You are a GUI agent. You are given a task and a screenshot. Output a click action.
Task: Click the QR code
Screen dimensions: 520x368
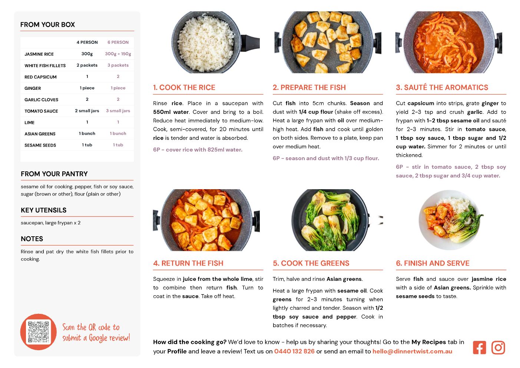click(39, 332)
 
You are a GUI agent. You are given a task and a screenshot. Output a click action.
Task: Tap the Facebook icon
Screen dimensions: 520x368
click(479, 348)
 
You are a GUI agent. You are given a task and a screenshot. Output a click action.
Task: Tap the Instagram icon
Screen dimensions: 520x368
click(498, 348)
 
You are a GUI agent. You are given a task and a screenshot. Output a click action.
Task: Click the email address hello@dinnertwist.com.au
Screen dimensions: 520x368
click(412, 351)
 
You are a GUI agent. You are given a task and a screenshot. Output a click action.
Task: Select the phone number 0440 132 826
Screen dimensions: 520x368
click(294, 351)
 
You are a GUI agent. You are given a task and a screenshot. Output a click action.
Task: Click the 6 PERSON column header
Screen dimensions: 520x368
click(118, 42)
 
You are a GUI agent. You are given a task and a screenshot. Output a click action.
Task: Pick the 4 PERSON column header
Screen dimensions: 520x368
click(87, 42)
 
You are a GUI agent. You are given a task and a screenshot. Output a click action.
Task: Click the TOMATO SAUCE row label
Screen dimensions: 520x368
click(41, 111)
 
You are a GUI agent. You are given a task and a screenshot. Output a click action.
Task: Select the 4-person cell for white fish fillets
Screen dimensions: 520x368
click(87, 65)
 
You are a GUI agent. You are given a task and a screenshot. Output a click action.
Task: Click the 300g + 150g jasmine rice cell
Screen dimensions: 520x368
click(118, 54)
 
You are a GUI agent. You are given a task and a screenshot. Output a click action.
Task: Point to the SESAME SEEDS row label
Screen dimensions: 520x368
click(40, 145)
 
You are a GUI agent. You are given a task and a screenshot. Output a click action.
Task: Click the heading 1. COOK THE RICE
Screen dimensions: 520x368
click(184, 87)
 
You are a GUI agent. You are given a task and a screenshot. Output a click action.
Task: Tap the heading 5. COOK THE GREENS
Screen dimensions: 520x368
click(311, 263)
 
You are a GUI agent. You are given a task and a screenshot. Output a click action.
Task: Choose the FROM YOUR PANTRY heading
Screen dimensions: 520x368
click(54, 174)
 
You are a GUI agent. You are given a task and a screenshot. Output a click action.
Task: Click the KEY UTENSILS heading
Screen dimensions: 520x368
click(44, 210)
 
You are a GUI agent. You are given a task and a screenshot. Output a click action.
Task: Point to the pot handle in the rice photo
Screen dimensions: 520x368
click(250, 43)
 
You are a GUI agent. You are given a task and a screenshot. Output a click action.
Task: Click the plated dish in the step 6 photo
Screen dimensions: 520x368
click(450, 220)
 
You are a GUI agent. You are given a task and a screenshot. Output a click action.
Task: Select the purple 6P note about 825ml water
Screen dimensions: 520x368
click(198, 149)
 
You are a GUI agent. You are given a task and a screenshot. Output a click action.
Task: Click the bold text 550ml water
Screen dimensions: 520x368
click(171, 112)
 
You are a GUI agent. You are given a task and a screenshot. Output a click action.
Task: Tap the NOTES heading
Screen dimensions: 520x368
click(32, 239)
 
